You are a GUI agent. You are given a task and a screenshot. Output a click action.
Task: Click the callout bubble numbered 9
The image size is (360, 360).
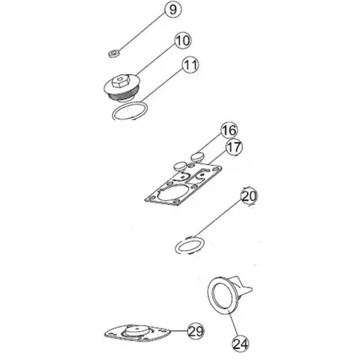(173, 9)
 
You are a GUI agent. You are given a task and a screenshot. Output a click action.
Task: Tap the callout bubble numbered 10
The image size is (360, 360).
(183, 40)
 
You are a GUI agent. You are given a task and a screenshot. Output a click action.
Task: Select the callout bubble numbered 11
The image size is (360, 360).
(190, 65)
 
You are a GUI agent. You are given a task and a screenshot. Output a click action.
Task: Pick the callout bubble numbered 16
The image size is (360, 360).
(229, 130)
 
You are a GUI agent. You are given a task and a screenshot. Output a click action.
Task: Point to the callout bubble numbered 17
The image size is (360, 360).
(234, 147)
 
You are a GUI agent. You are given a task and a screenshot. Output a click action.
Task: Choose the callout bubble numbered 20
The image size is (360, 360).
(249, 197)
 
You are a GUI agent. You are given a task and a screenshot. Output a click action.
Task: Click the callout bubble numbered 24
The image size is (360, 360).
(241, 344)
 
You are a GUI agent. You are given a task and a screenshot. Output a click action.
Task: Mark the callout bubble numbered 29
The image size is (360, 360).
(196, 331)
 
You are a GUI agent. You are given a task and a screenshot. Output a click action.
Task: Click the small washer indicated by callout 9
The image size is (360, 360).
(114, 54)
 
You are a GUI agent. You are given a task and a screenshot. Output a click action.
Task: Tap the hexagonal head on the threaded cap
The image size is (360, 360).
(121, 81)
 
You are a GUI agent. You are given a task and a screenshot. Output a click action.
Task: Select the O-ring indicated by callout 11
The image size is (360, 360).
(130, 111)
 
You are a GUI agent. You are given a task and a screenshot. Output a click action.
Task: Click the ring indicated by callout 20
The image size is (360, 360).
(189, 246)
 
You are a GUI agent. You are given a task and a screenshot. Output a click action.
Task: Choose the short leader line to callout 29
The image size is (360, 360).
(179, 331)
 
